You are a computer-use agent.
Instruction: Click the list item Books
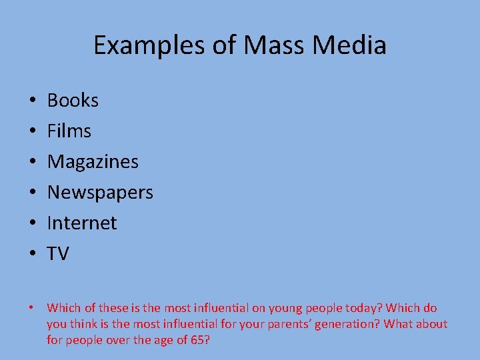pos(73,101)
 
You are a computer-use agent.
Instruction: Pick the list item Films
pos(69,131)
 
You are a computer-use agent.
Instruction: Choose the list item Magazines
pos(93,162)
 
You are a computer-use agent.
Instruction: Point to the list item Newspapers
pos(100,193)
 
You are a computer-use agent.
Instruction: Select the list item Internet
pos(81,223)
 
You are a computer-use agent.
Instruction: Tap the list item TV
pos(58,254)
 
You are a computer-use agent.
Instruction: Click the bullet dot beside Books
pos(32,101)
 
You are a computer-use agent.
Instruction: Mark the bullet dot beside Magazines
pos(32,163)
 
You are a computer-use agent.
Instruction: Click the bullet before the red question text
pos(31,308)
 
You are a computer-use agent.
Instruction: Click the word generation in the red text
pos(343,325)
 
